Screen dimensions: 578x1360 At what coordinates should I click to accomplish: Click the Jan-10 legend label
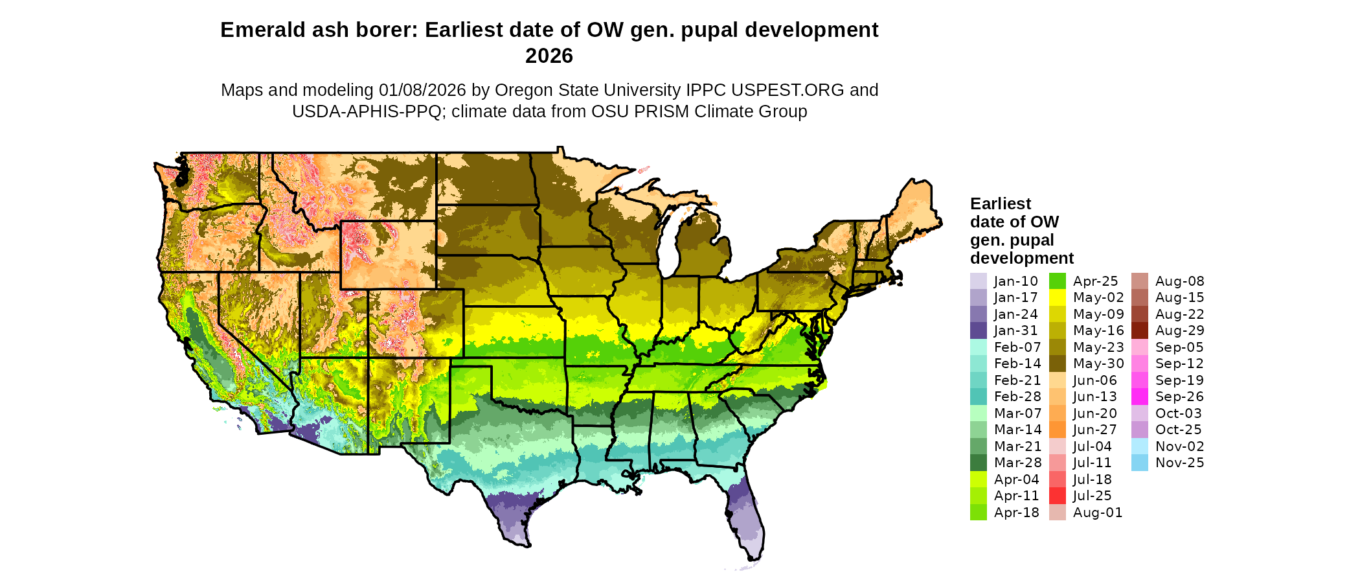tap(1015, 281)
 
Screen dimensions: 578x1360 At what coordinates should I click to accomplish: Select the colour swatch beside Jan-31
tap(978, 330)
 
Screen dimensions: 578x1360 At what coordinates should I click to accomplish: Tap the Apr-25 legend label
tap(1095, 281)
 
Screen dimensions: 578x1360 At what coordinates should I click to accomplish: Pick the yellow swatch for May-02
tap(1057, 297)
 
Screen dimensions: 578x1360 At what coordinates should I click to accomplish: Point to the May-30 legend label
tap(1098, 364)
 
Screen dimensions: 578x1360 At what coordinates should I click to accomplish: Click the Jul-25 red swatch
tap(1057, 496)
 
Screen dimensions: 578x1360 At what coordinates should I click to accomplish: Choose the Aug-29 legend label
tap(1179, 330)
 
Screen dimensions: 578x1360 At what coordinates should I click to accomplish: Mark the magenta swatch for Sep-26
tap(1139, 397)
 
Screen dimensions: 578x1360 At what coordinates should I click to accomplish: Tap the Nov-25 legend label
tap(1179, 463)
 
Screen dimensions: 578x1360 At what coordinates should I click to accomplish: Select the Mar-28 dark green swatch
tap(978, 463)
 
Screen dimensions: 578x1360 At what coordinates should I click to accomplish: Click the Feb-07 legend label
tap(1017, 347)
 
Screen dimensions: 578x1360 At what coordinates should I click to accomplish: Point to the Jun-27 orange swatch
tap(1057, 430)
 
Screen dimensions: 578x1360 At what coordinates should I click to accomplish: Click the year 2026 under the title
tap(549, 56)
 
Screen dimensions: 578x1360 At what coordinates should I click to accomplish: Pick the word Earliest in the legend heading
tap(1000, 203)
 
